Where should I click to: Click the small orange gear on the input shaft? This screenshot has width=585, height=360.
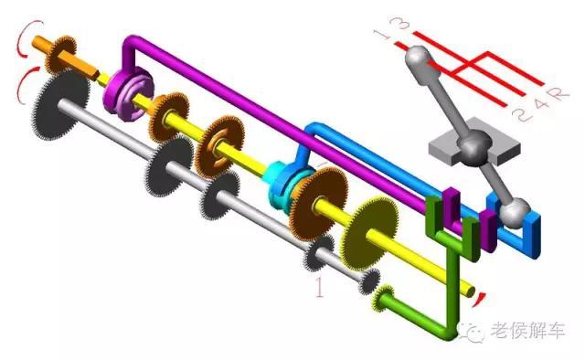(60, 55)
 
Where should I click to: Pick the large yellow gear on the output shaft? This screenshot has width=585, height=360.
(369, 233)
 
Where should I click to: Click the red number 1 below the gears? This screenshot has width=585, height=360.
(319, 287)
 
